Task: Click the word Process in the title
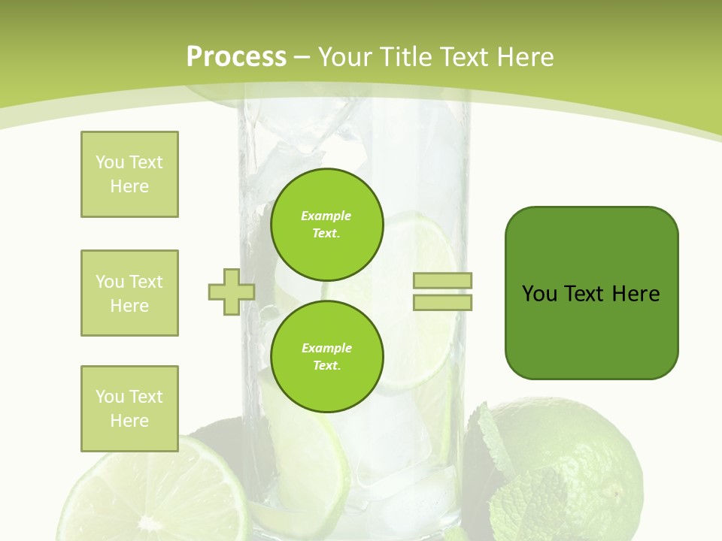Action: pos(236,57)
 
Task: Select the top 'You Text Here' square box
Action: pos(129,174)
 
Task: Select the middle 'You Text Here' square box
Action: pos(129,293)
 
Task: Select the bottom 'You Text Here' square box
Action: pos(129,409)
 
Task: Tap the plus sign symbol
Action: pos(232,292)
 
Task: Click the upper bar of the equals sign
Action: pos(442,281)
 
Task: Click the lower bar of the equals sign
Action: pos(442,302)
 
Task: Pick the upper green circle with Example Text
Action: pos(326,224)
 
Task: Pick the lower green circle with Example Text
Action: pos(326,356)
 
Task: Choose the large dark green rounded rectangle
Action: pos(591,293)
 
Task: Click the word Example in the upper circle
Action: pos(326,216)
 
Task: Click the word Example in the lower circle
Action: pos(326,349)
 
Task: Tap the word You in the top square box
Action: pos(109,162)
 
